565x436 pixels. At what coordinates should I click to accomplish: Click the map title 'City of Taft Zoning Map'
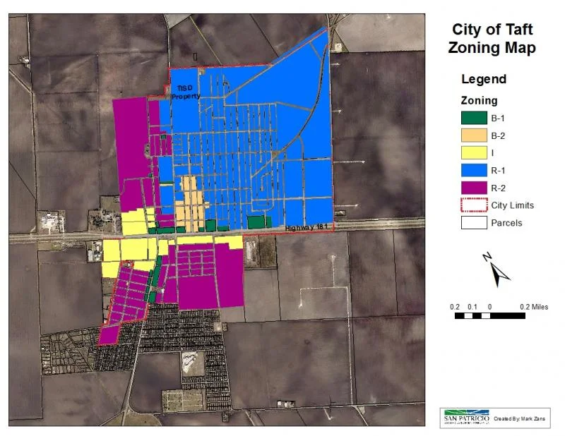coord(492,40)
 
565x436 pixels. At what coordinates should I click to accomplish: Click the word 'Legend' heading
coord(484,79)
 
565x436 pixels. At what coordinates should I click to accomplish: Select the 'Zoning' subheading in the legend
coord(480,101)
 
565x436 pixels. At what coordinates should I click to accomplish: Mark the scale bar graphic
coord(490,316)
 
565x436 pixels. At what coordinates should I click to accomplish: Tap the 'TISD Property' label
coord(188,92)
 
